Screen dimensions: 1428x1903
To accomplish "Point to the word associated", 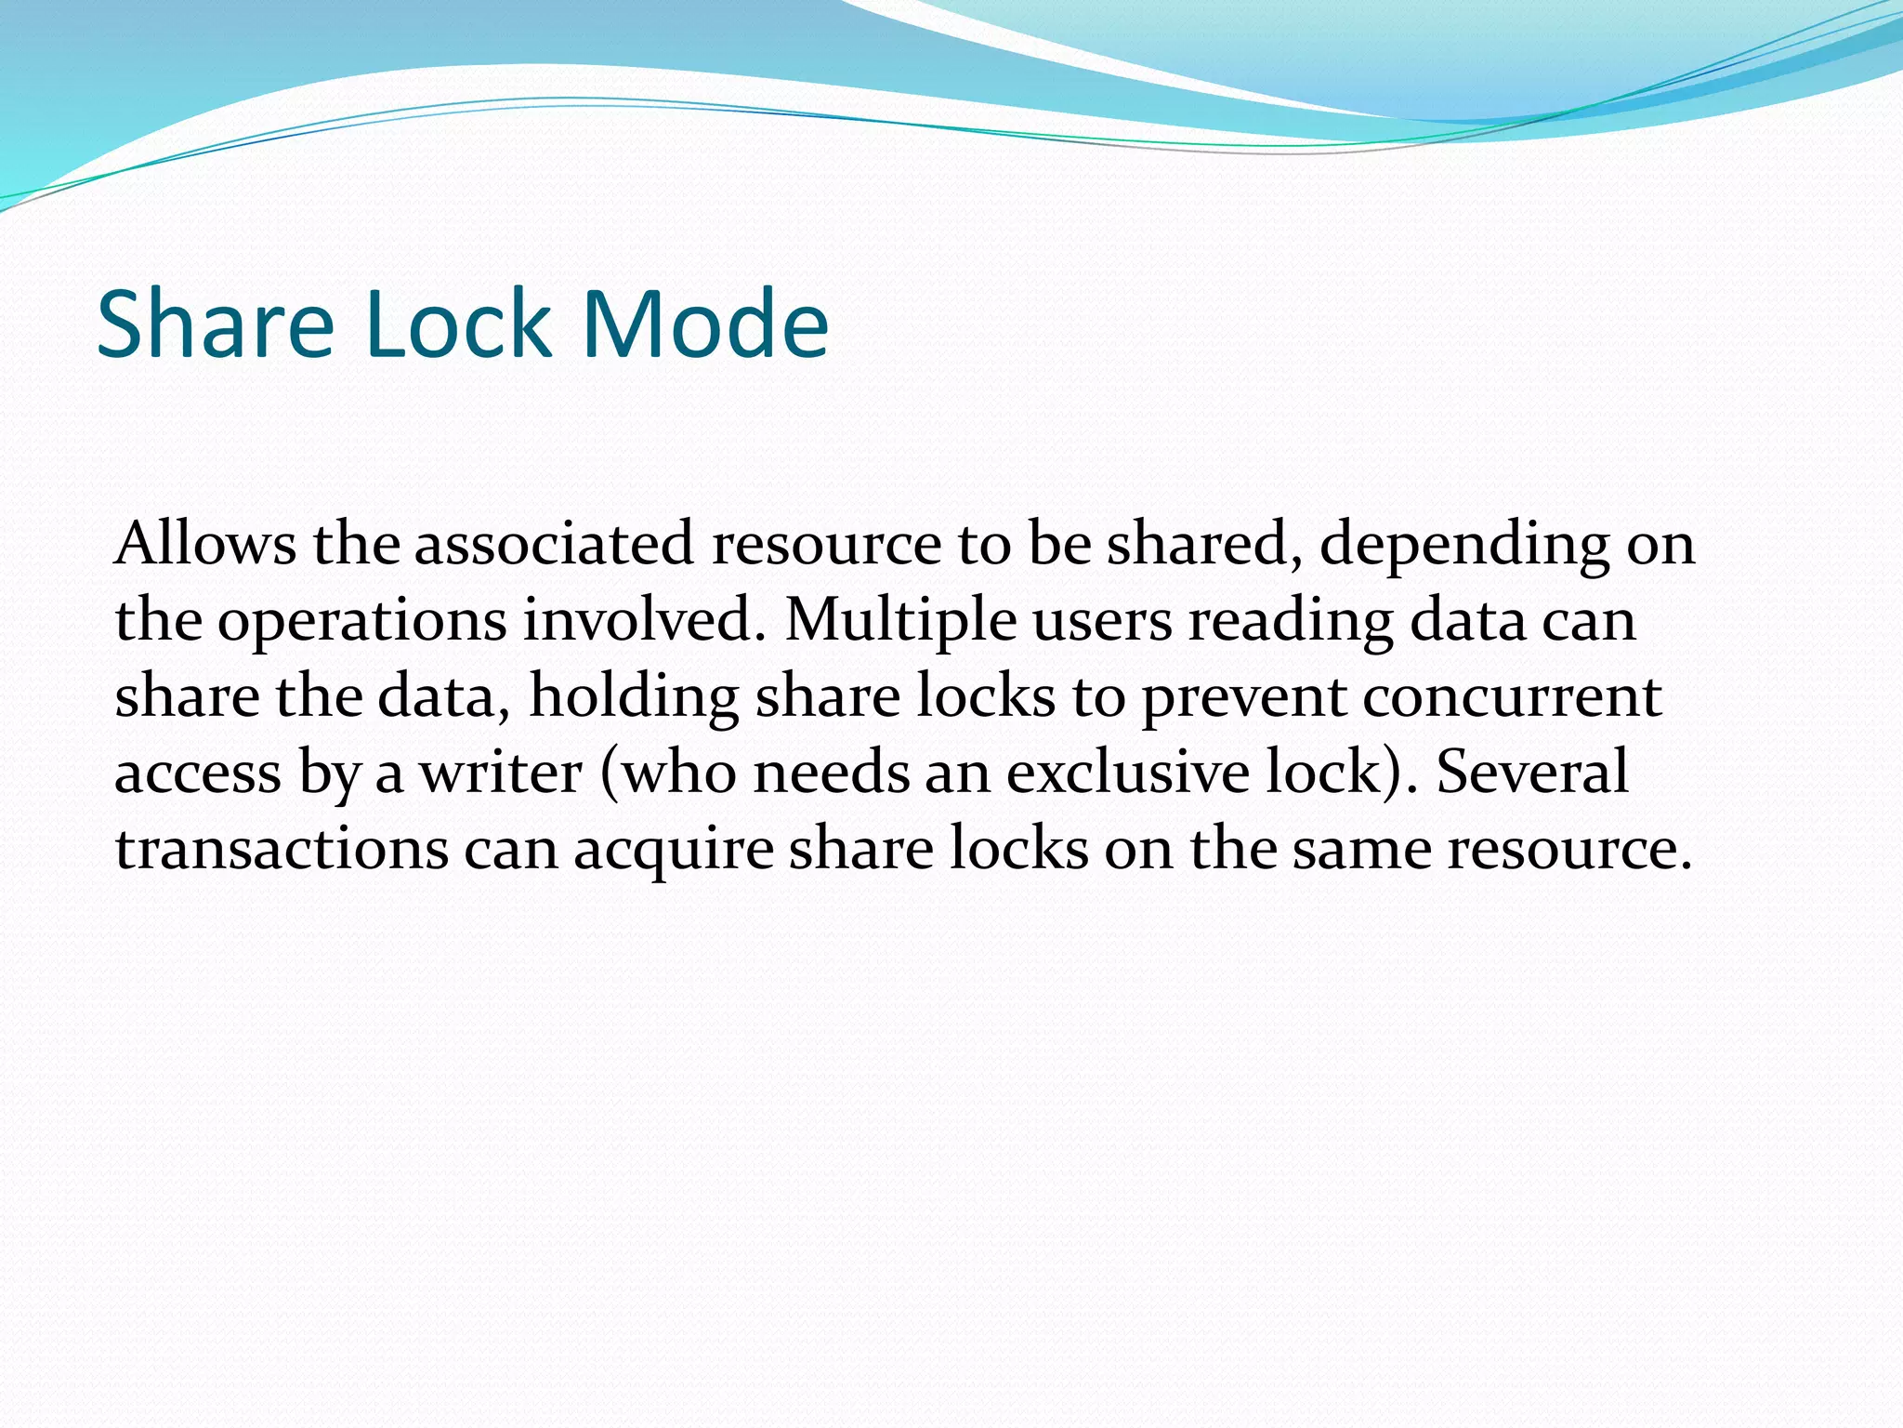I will click(x=554, y=544).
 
